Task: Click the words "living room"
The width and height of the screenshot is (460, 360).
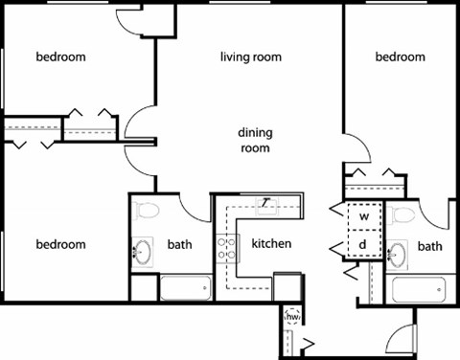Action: pyautogui.click(x=251, y=57)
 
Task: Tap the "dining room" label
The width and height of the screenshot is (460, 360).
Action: pyautogui.click(x=254, y=141)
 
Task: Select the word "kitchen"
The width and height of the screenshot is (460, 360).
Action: pyautogui.click(x=271, y=244)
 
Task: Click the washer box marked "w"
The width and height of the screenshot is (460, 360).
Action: pyautogui.click(x=364, y=216)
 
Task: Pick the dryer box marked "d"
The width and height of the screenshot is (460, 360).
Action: pyautogui.click(x=364, y=244)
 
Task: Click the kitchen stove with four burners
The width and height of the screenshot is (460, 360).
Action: pyautogui.click(x=225, y=249)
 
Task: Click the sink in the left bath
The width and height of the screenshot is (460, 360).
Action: pyautogui.click(x=144, y=253)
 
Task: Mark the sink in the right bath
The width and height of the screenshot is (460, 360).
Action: pyautogui.click(x=399, y=253)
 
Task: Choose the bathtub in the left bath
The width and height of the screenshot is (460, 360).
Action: pyautogui.click(x=184, y=287)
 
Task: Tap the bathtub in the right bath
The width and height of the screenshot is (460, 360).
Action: pyautogui.click(x=420, y=288)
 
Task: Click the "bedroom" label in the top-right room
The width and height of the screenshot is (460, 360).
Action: pyautogui.click(x=400, y=57)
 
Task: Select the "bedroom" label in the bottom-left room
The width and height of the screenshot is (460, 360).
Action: pyautogui.click(x=60, y=244)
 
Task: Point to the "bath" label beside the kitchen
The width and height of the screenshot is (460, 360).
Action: pyautogui.click(x=179, y=244)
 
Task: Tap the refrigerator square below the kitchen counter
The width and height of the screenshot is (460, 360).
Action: pyautogui.click(x=287, y=286)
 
